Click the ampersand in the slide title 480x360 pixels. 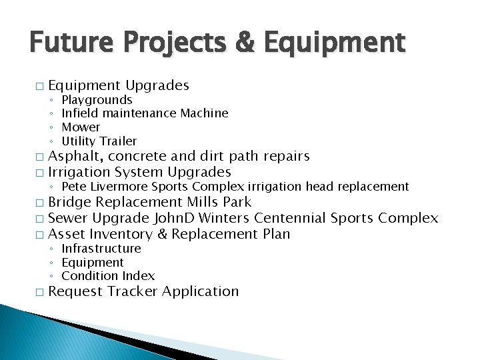pos(245,44)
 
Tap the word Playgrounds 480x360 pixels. pos(97,100)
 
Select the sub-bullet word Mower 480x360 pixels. pos(81,127)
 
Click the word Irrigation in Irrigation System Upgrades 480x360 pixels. pos(79,172)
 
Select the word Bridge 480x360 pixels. pos(70,202)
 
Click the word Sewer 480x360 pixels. pos(69,218)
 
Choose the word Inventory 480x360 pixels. pos(120,234)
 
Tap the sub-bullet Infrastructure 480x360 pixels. pos(101,249)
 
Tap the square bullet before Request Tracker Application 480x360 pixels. pos(39,293)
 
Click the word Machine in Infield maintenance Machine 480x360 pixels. pos(204,113)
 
